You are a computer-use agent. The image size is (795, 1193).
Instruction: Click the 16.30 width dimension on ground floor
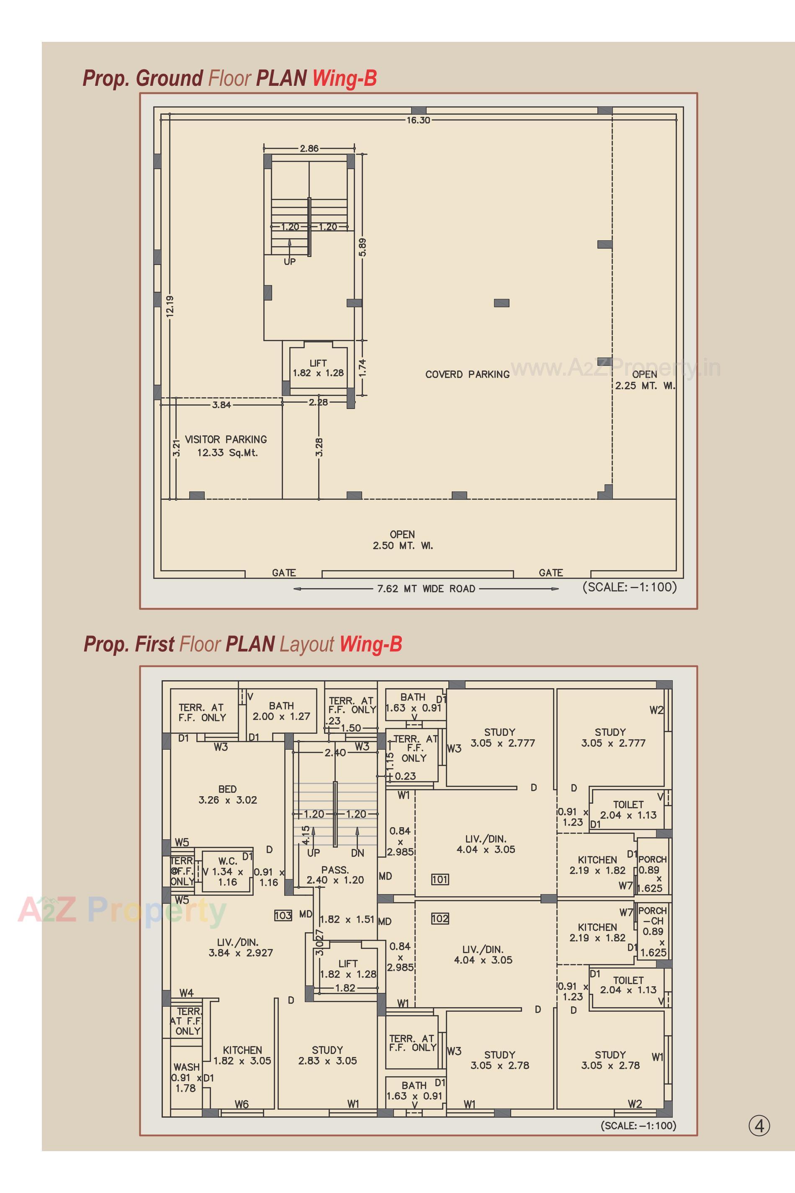pos(418,120)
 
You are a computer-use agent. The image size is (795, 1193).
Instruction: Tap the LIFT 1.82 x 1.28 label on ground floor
pos(318,368)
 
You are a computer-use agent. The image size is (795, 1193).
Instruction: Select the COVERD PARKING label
pos(467,374)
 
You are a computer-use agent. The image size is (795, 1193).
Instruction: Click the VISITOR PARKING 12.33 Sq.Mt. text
pos(226,446)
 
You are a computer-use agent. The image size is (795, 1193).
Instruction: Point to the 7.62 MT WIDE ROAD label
pos(426,589)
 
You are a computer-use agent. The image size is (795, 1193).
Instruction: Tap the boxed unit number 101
pos(440,879)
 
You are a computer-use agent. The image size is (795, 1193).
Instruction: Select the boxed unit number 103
pos(283,915)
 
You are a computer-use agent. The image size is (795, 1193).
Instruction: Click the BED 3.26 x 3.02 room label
pos(228,794)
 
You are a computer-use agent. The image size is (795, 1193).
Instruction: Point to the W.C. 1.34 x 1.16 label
pos(228,872)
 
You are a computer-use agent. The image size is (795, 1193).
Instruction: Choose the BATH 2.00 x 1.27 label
pos(281,711)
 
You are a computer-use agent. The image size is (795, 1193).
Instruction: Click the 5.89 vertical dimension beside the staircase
pos(362,247)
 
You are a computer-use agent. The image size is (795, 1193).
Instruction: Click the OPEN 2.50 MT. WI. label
pos(403,540)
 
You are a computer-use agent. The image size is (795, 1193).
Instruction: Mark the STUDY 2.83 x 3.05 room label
pos(327,1055)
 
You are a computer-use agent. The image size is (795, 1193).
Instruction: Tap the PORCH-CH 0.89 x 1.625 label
pos(653,931)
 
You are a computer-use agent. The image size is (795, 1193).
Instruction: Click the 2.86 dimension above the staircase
pos(309,149)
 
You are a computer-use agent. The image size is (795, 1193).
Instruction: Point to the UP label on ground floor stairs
pos(290,262)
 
